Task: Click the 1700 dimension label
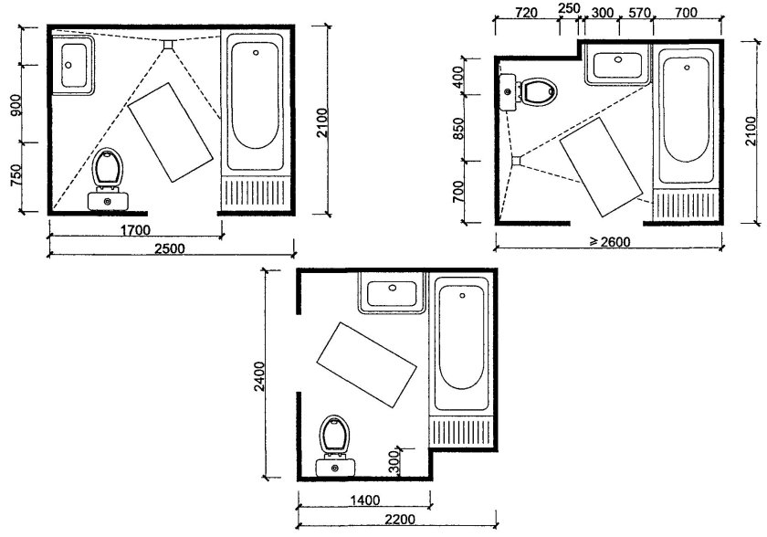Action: (135, 230)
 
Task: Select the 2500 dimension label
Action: (170, 248)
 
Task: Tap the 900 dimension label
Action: (16, 105)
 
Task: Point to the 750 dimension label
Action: (16, 175)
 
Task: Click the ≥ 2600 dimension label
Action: (610, 242)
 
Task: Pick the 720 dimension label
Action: (527, 13)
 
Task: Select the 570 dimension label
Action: (639, 13)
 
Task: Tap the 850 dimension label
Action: (458, 128)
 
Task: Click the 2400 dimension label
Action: (259, 375)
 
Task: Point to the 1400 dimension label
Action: (365, 500)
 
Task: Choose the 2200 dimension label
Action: (400, 519)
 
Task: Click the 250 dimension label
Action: (569, 8)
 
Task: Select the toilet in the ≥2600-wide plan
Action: (529, 91)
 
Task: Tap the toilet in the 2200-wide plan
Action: (335, 446)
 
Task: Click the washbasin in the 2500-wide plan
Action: (72, 65)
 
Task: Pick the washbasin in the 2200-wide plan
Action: (393, 292)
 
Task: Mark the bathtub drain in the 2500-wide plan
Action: (256, 52)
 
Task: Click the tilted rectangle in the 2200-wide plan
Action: (367, 364)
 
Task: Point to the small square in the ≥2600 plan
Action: (517, 161)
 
